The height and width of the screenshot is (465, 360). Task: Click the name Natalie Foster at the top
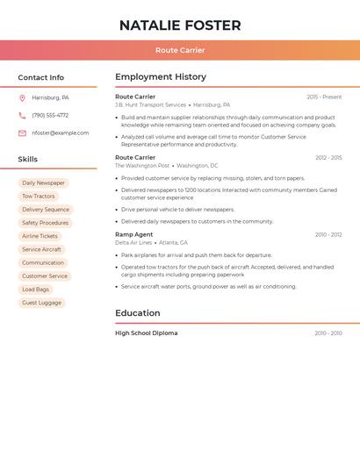point(180,25)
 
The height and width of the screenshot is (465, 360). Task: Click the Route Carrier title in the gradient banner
point(180,50)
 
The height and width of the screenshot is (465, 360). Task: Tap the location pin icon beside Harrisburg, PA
point(22,97)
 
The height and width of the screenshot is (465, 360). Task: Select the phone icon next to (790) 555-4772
point(22,115)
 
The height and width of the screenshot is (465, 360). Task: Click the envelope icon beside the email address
point(22,133)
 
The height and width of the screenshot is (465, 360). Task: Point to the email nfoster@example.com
point(61,133)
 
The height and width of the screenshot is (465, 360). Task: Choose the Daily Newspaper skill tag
point(43,183)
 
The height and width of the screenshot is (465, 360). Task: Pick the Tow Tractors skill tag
point(39,197)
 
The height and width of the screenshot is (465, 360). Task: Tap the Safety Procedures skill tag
point(46,223)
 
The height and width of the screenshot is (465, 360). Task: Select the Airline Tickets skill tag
point(40,236)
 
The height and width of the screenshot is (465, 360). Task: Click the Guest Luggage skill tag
point(42,303)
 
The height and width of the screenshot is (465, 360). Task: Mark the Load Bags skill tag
point(36,290)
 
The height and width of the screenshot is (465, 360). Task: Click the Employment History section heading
point(161,77)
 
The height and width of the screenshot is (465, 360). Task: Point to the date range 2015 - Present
point(324,97)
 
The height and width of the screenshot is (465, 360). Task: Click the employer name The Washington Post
point(142,166)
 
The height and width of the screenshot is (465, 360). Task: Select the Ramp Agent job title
point(133,234)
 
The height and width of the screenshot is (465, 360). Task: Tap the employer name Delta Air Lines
point(133,243)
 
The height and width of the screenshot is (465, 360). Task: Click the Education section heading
point(138,313)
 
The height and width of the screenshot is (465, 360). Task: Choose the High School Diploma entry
point(146,333)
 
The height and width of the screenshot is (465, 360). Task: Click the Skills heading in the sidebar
point(28,160)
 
